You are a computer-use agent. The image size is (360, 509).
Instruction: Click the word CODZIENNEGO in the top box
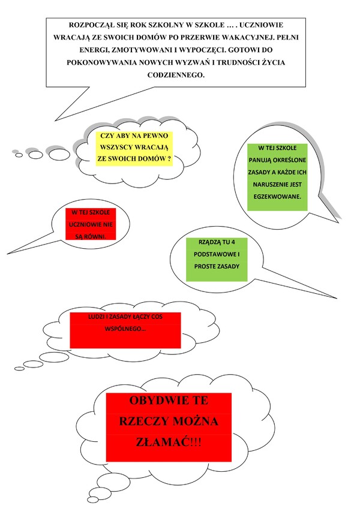pyautogui.click(x=176, y=75)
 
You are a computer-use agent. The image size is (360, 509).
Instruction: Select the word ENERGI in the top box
pyautogui.click(x=91, y=50)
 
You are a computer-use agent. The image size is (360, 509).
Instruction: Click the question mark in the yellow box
pyautogui.click(x=169, y=159)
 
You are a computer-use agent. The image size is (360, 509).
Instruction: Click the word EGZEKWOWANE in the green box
pyautogui.click(x=277, y=197)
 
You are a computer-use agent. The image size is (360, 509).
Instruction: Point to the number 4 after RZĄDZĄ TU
pyautogui.click(x=233, y=242)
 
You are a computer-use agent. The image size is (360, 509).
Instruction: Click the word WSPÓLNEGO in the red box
pyautogui.click(x=125, y=329)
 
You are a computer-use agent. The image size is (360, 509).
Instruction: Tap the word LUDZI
pyautogui.click(x=96, y=317)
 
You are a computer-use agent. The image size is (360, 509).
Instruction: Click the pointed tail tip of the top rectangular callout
pyautogui.click(x=55, y=121)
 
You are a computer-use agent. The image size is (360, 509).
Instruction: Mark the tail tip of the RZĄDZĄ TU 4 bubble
pyautogui.click(x=337, y=298)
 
